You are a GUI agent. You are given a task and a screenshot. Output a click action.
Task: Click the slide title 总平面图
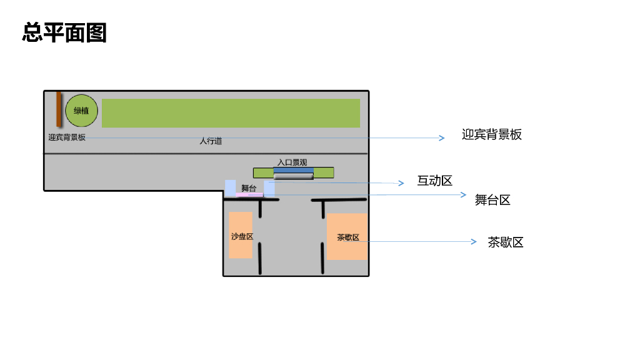64,32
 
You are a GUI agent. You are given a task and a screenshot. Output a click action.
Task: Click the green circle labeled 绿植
81,111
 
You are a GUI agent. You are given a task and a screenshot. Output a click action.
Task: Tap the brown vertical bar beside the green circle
59,109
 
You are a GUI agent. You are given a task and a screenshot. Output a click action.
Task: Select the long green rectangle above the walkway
231,113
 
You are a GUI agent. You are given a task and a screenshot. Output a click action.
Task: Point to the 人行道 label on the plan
211,141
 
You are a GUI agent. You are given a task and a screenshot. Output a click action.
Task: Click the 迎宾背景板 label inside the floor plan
67,137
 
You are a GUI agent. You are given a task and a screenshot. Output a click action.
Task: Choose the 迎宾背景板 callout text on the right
491,134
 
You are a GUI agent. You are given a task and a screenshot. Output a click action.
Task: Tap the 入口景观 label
292,162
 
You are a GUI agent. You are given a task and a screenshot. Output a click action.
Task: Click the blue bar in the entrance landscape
293,170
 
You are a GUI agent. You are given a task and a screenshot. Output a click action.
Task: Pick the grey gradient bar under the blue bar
293,176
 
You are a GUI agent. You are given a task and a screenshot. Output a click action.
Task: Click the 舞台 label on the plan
249,188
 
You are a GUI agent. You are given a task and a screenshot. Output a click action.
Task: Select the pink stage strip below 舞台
249,195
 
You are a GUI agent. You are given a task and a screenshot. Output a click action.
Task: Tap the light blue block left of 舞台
231,187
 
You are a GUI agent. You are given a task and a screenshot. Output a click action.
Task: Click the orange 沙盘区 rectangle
241,235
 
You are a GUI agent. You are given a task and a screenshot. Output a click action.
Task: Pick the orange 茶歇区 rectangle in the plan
347,237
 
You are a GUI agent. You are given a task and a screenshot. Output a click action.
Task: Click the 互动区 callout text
434,181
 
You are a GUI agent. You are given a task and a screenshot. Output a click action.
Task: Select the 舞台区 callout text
492,200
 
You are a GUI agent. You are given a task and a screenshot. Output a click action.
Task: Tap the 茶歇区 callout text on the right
506,242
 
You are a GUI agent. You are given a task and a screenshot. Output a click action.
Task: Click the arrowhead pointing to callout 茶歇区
474,241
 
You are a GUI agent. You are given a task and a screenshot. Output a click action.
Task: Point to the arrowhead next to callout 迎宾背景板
442,138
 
